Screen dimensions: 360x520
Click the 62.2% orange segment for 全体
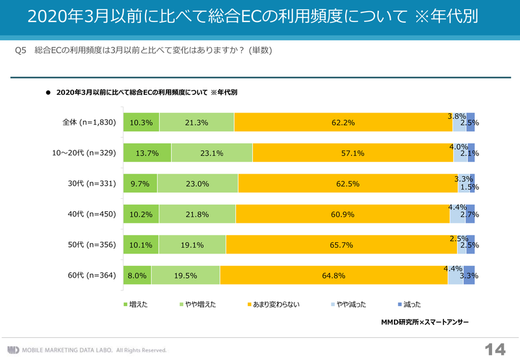(343, 122)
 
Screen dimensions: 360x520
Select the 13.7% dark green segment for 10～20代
(147, 153)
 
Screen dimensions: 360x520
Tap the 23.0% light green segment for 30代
(198, 184)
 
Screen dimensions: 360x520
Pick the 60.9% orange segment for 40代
(343, 214)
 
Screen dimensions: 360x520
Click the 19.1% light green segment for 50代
(193, 245)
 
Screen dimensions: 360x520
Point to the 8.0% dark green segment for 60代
(137, 276)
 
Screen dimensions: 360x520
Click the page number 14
(495, 348)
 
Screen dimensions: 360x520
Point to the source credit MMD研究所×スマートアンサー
(425, 321)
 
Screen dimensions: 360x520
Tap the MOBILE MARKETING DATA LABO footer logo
(88, 349)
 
